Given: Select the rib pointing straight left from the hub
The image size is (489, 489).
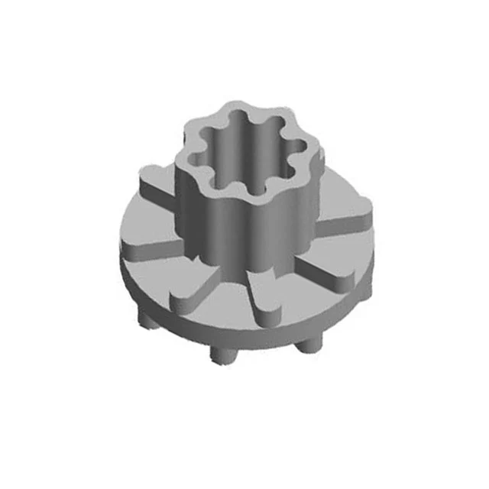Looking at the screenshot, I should point(145,246).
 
